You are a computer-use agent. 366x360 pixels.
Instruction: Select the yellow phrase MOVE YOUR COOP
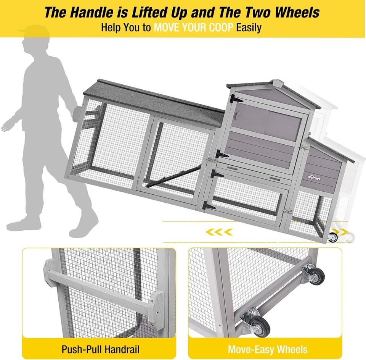pyautogui.click(x=193, y=28)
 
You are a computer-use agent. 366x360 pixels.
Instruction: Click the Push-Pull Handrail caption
pyautogui.click(x=100, y=349)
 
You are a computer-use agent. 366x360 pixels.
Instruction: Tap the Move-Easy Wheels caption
pyautogui.click(x=268, y=349)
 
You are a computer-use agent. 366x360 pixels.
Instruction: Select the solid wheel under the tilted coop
pyautogui.click(x=332, y=237)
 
